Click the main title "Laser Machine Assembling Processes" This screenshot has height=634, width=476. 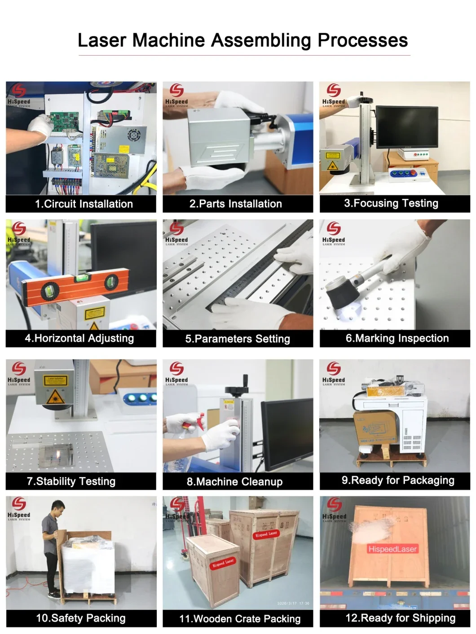(242, 40)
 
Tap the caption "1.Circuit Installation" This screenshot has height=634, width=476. (84, 204)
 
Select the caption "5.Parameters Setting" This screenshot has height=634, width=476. (238, 339)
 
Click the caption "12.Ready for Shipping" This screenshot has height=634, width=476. (400, 618)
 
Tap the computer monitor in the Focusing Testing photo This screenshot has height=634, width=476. (406, 127)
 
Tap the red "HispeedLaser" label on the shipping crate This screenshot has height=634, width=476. (392, 549)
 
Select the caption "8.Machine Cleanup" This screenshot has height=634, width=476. (234, 482)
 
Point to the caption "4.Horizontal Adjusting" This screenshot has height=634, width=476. (79, 338)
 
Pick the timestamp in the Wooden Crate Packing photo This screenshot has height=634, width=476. (294, 603)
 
